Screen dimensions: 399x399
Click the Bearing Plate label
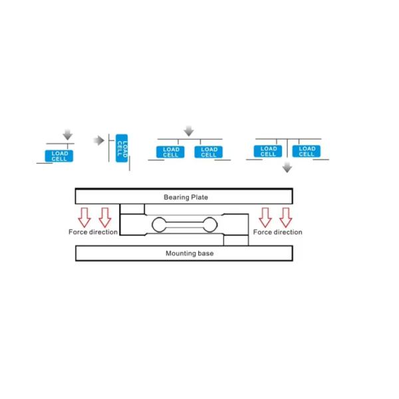click(x=186, y=198)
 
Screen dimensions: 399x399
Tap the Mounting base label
click(x=190, y=253)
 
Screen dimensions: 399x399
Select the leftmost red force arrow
click(x=84, y=217)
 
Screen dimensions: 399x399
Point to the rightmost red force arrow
click(x=285, y=217)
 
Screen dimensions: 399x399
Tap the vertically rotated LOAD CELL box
click(x=122, y=148)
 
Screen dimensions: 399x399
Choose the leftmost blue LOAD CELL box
click(x=59, y=156)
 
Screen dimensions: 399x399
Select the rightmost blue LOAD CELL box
click(x=307, y=151)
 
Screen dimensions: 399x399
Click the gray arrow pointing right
click(x=99, y=140)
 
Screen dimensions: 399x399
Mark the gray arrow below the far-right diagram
click(x=287, y=168)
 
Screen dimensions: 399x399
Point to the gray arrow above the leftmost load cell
click(x=68, y=134)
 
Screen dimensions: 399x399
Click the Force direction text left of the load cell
click(x=93, y=232)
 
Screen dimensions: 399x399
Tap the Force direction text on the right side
click(x=277, y=232)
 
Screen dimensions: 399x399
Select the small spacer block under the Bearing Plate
click(x=132, y=209)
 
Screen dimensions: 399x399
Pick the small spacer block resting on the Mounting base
click(x=236, y=241)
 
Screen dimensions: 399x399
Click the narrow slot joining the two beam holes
click(x=185, y=225)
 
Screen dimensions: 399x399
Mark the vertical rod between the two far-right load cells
click(x=287, y=148)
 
